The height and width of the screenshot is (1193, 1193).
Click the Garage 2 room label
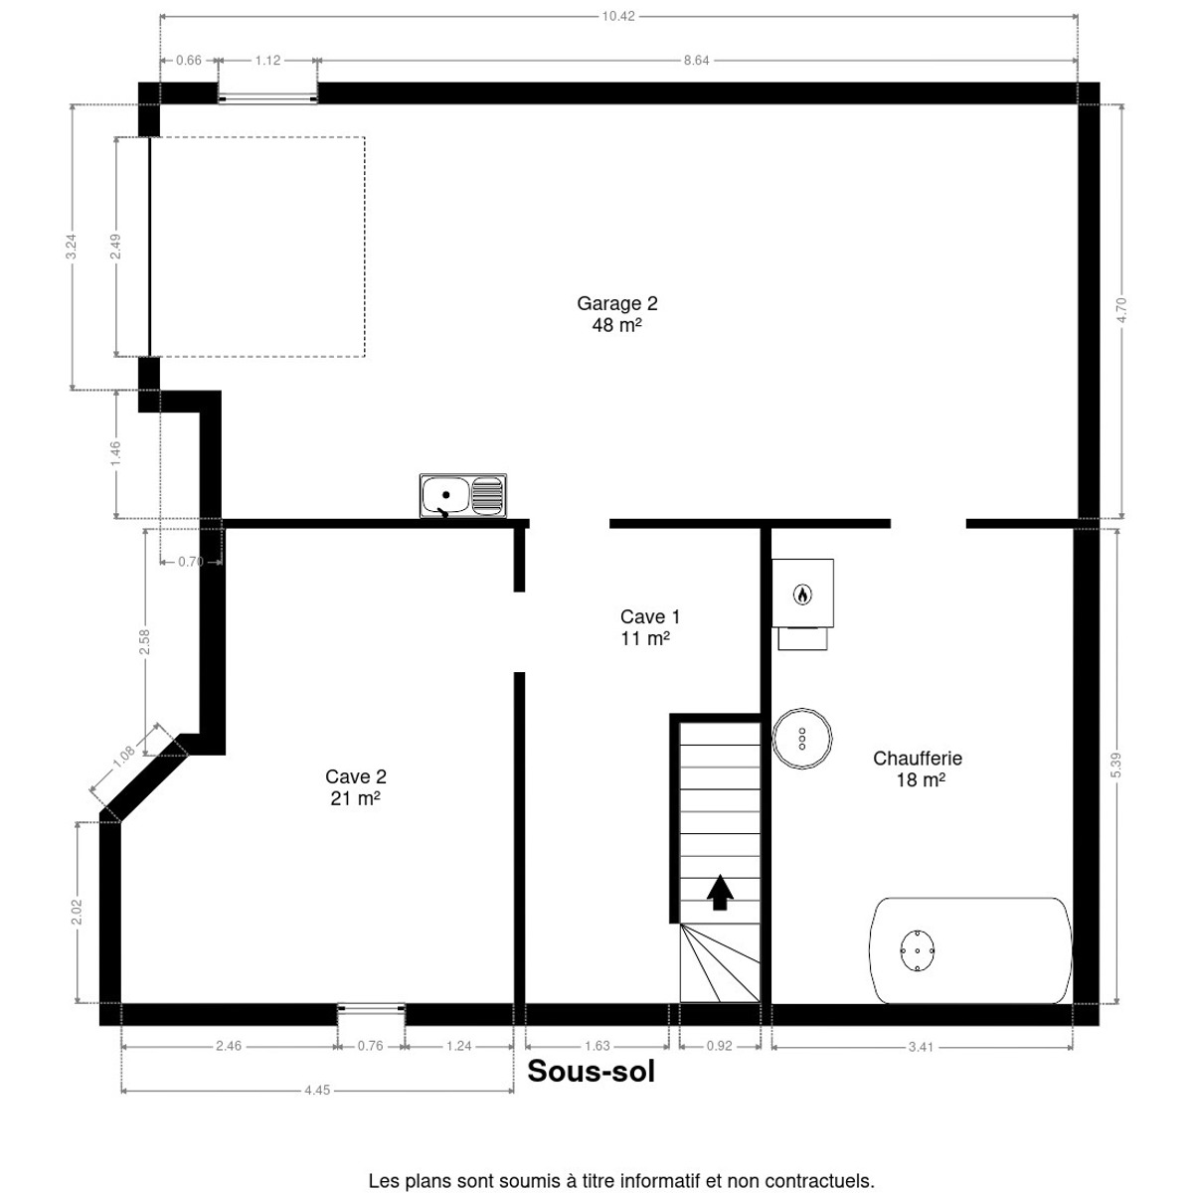616,314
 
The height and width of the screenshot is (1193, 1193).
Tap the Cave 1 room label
649,627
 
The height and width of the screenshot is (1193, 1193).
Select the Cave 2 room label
355,787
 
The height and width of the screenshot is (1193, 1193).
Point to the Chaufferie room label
920,768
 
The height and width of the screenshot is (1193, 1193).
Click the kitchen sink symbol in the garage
462,495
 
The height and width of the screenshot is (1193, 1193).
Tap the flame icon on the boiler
802,595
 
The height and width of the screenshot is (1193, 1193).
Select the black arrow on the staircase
720,892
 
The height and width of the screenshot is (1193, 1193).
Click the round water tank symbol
801,739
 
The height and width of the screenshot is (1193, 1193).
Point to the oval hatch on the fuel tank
917,950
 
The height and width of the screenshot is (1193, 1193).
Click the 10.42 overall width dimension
618,16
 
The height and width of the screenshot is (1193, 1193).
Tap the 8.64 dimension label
697,60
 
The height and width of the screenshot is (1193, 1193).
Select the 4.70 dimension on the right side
1121,310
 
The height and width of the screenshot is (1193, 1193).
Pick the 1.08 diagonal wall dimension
124,757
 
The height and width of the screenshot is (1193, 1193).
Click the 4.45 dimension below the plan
317,1108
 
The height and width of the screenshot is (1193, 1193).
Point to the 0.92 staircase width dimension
720,1046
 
